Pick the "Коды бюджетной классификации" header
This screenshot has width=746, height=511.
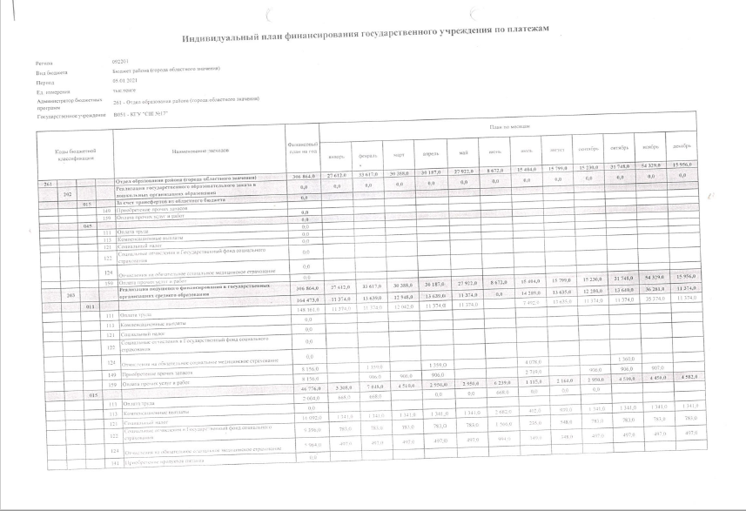[x=71, y=153]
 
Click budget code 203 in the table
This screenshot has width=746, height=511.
[x=69, y=294]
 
